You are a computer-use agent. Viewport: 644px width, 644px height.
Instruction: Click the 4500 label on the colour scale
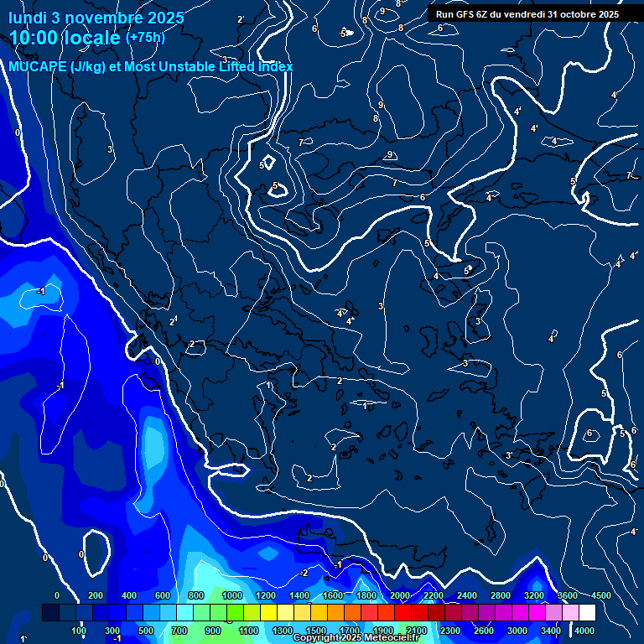[x=601, y=595]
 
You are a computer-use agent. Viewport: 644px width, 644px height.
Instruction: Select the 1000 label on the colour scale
[x=231, y=595]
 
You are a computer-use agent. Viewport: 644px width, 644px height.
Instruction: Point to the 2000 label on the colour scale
[x=400, y=595]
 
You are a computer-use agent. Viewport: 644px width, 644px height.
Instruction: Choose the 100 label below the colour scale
[x=79, y=631]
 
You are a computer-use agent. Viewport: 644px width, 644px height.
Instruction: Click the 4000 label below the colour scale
[x=585, y=631]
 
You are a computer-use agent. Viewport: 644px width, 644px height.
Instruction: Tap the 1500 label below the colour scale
[x=315, y=631]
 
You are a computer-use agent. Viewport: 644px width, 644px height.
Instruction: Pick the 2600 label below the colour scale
[x=484, y=631]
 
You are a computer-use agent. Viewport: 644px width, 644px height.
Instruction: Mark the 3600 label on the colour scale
[x=568, y=595]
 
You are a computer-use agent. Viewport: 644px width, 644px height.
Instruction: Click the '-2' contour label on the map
[x=304, y=573]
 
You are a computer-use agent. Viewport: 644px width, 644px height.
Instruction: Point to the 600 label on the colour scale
[x=164, y=595]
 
